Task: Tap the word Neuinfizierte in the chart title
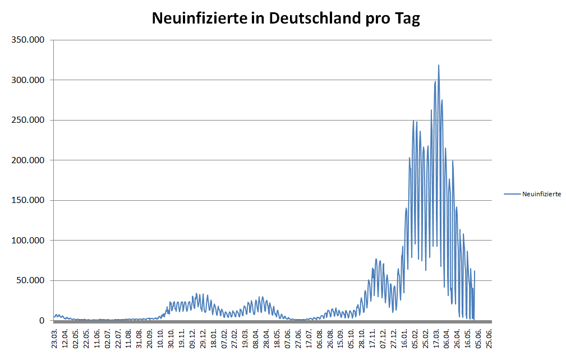199,19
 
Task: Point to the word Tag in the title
407,19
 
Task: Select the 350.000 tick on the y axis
27,40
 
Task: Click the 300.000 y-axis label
27,80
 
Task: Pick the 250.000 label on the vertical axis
27,120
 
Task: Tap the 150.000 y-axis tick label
27,200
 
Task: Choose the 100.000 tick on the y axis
27,241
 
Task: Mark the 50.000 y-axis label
30,280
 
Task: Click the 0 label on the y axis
42,321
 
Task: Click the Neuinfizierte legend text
541,194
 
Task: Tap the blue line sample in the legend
512,194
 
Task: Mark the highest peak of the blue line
439,65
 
